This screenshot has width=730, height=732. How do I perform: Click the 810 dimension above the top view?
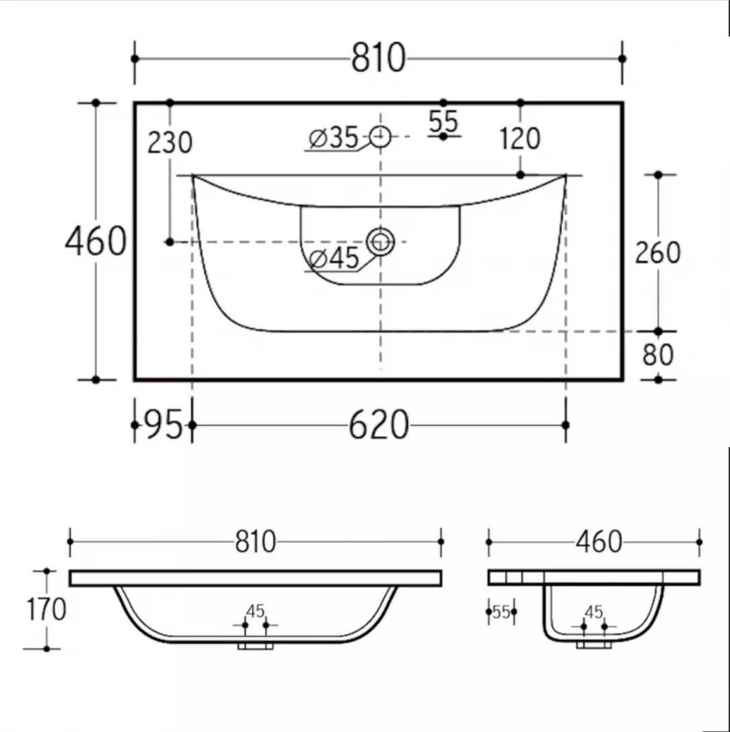[378, 58]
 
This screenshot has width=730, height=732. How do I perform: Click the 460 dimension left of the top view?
[96, 241]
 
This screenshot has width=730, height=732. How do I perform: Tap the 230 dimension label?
[170, 143]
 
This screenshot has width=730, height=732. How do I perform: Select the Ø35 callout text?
[334, 138]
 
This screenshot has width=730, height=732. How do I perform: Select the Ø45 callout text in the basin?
[334, 258]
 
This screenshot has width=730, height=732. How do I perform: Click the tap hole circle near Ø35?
[380, 137]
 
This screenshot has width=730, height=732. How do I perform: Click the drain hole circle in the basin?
[380, 242]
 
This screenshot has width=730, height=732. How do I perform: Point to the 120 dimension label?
[519, 139]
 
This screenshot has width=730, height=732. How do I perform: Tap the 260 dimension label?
[657, 252]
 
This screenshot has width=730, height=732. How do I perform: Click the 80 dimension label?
[657, 355]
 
